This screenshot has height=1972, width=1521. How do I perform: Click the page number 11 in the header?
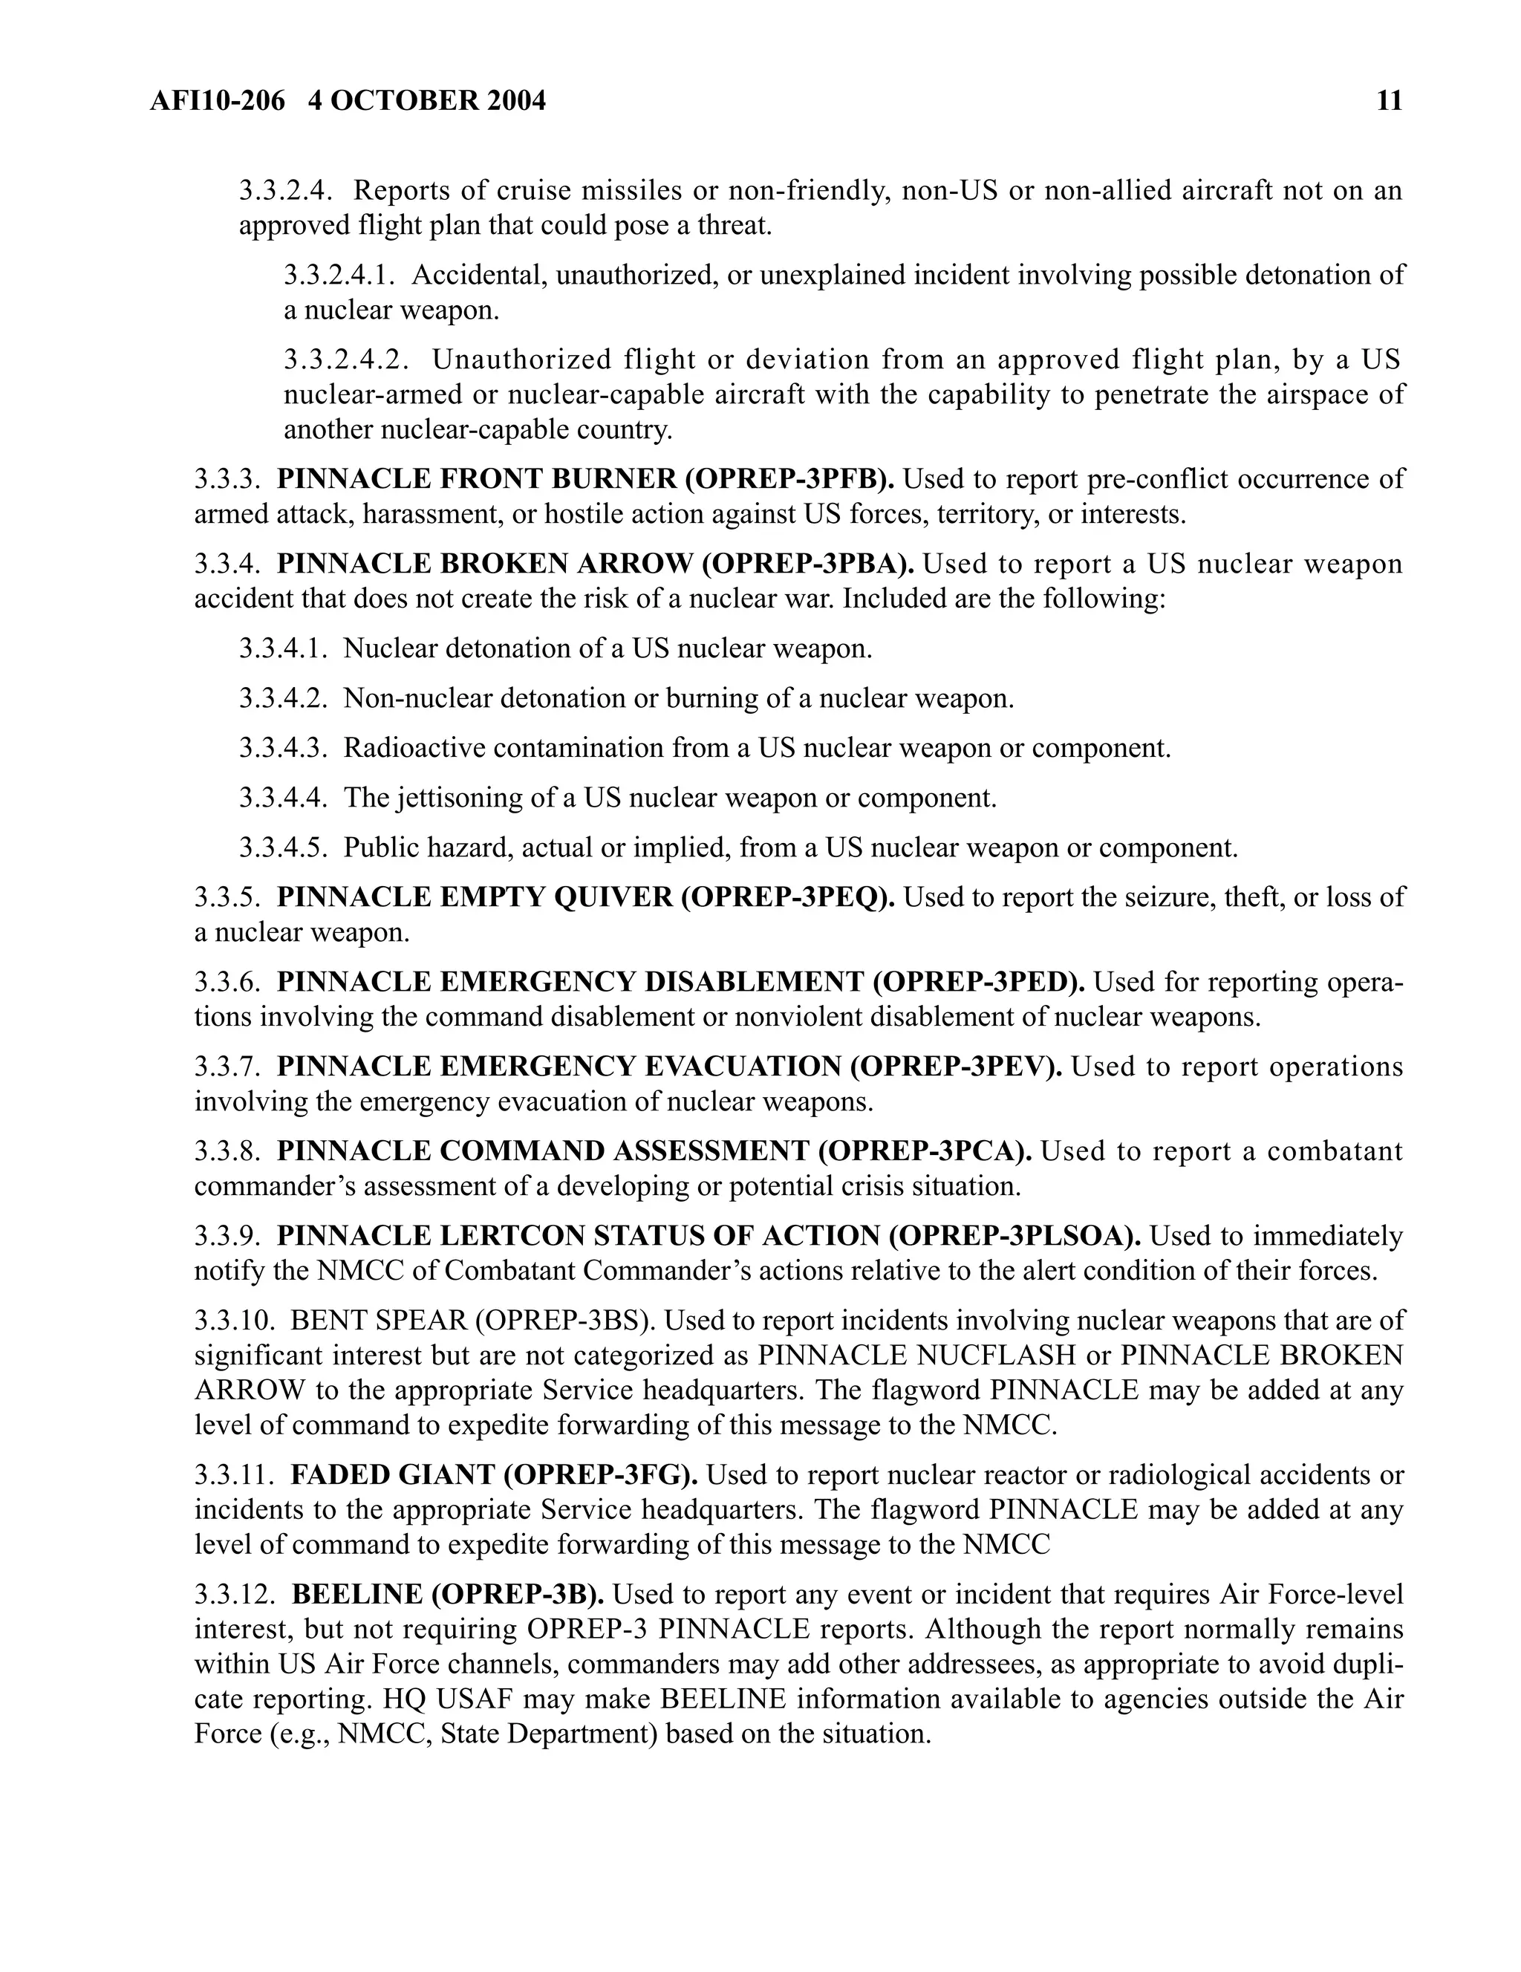tap(1390, 100)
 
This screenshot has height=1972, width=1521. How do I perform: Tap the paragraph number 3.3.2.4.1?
tap(339, 276)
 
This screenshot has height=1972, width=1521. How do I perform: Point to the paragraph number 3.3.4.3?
tap(282, 749)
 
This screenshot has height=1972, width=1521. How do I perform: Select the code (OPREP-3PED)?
tap(979, 981)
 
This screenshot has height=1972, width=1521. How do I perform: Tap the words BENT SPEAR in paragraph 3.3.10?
tap(377, 1321)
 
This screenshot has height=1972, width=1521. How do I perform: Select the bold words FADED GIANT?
tap(391, 1474)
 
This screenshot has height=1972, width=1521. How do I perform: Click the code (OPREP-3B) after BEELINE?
tap(518, 1595)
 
